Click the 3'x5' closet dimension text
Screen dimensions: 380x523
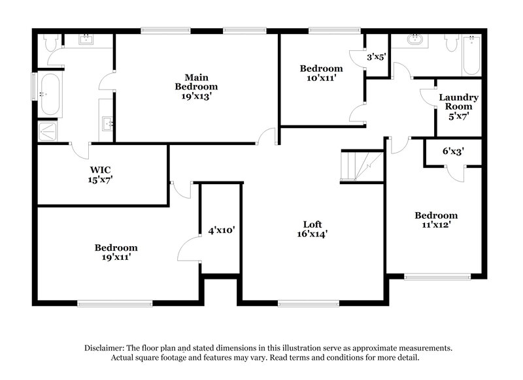pos(377,57)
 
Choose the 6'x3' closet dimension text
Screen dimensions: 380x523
pos(452,151)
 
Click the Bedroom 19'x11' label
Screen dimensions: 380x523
pos(116,252)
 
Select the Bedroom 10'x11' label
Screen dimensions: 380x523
pos(321,73)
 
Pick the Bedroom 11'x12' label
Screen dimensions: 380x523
pos(436,220)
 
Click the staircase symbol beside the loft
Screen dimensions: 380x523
pos(362,166)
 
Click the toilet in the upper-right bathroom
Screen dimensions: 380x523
pos(450,42)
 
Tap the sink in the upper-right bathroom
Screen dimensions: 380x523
pos(414,40)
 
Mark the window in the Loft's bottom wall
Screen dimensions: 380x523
pos(308,302)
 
